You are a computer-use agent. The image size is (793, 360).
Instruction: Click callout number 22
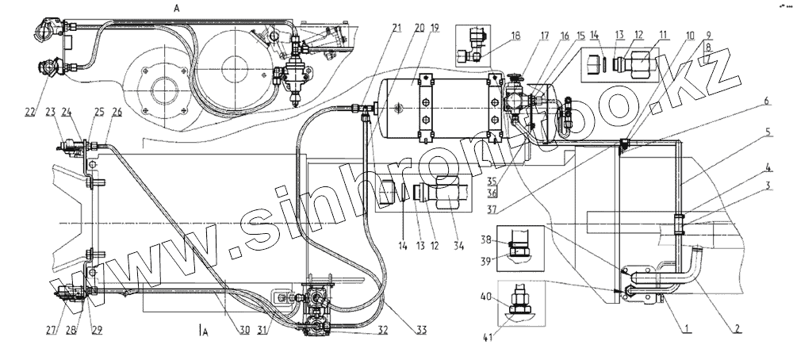(29, 112)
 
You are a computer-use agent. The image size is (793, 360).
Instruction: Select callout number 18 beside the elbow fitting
(515, 36)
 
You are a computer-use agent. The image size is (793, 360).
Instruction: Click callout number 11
(663, 36)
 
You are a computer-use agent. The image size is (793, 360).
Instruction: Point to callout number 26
(117, 112)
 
